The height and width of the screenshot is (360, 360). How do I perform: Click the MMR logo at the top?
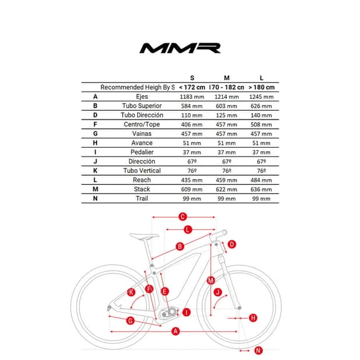[180, 48]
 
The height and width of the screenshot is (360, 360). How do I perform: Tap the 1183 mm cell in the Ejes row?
[191, 97]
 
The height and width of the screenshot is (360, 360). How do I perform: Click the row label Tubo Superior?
[141, 106]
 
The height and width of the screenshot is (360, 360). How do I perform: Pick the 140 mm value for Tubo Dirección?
[261, 115]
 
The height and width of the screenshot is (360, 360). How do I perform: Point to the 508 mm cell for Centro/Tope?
[261, 125]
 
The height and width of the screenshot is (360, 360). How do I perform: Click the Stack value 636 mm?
[261, 189]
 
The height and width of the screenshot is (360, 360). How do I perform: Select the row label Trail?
[141, 198]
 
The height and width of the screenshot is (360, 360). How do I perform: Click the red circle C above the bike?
[183, 217]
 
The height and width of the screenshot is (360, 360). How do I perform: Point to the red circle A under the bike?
[176, 331]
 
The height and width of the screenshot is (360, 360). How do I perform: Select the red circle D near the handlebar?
[231, 244]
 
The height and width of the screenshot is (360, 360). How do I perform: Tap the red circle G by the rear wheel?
[130, 321]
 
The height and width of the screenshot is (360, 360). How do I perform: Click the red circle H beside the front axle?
[253, 318]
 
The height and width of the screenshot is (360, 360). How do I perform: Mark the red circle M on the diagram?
[210, 280]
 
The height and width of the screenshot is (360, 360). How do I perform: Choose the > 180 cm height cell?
[261, 88]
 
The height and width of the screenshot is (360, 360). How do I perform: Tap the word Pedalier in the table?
[141, 152]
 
